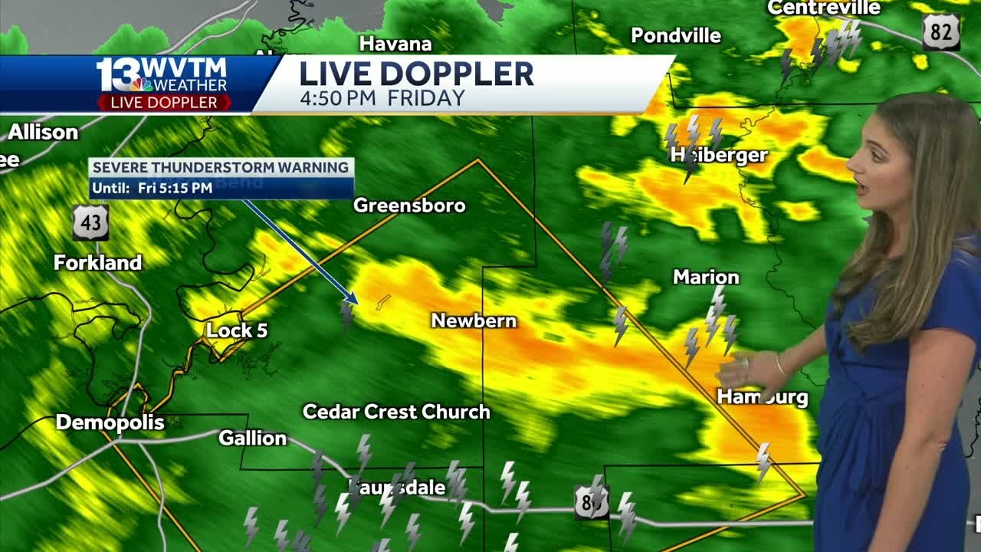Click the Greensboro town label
point(409,205)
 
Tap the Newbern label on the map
point(474,320)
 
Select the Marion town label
point(706,278)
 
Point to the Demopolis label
point(110,422)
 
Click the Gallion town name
point(252,439)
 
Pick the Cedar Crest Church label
point(396,412)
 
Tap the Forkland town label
point(97,263)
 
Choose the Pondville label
point(675,36)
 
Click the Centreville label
point(824,8)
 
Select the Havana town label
point(395,44)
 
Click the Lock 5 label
point(237,331)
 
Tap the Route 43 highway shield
point(90,223)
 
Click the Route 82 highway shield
point(941,33)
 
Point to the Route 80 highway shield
point(592,502)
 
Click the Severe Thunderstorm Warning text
point(221,167)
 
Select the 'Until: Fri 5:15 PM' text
point(152,188)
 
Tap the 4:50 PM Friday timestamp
point(382,98)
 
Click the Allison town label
point(43,133)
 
